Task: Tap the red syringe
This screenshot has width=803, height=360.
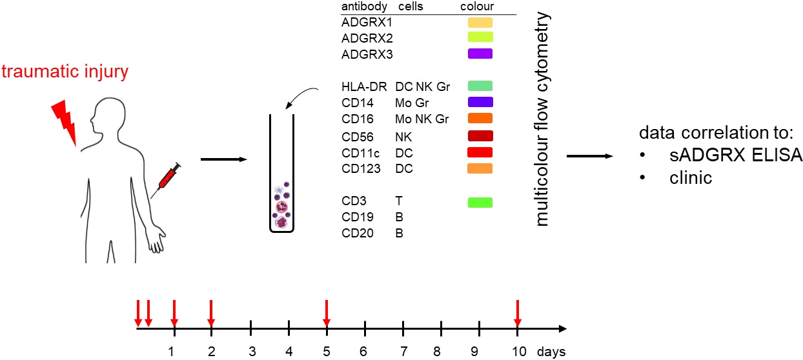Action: click(x=166, y=180)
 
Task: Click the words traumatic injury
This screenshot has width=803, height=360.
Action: click(x=65, y=72)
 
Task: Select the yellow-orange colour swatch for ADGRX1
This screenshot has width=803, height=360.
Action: click(x=480, y=23)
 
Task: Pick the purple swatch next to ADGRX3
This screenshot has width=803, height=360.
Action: click(x=480, y=54)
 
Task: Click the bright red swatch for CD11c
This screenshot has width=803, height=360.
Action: click(x=480, y=153)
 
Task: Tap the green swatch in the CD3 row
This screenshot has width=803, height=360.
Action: click(x=480, y=203)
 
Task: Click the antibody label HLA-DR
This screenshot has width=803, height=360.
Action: click(x=364, y=86)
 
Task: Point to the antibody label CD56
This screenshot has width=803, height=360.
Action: click(x=358, y=137)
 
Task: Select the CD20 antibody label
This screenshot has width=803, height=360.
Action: click(x=358, y=233)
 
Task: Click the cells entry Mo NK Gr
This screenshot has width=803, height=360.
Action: click(x=422, y=119)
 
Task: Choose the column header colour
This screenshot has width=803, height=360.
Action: click(x=477, y=6)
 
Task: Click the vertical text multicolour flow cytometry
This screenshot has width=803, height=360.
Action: click(x=542, y=119)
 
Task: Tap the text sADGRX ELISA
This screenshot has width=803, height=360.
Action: click(x=736, y=155)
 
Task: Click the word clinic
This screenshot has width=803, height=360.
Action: click(x=691, y=178)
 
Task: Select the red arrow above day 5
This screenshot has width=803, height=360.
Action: click(x=326, y=313)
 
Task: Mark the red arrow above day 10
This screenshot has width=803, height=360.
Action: click(x=517, y=313)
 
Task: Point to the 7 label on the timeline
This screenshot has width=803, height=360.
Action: click(x=403, y=352)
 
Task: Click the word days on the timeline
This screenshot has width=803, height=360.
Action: click(x=551, y=352)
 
